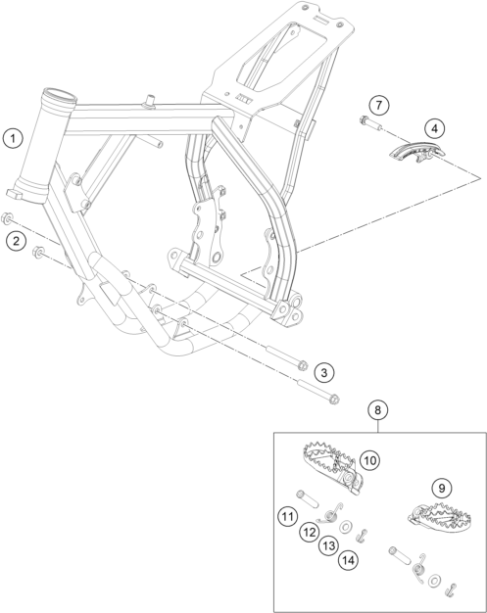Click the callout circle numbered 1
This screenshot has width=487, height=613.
coord(13,138)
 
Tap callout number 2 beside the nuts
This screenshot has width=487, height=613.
coord(16,241)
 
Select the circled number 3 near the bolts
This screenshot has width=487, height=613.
coord(324,372)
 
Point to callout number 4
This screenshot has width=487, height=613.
coord(435,128)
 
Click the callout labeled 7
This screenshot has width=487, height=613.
coord(378,105)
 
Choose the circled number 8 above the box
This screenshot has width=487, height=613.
coord(377,410)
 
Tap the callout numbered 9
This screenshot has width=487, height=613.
coord(442,488)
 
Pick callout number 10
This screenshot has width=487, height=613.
coord(369,460)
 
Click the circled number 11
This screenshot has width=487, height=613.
coord(288,517)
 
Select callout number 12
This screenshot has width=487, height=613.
coord(310,532)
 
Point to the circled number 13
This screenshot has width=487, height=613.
coord(329,545)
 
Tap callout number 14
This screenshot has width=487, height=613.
coord(348,561)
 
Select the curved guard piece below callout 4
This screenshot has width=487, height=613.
coord(417,152)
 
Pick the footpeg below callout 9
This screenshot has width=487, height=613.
coord(440,517)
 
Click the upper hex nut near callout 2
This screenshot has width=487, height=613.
coord(7,218)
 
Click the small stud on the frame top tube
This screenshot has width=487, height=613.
coord(150,100)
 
